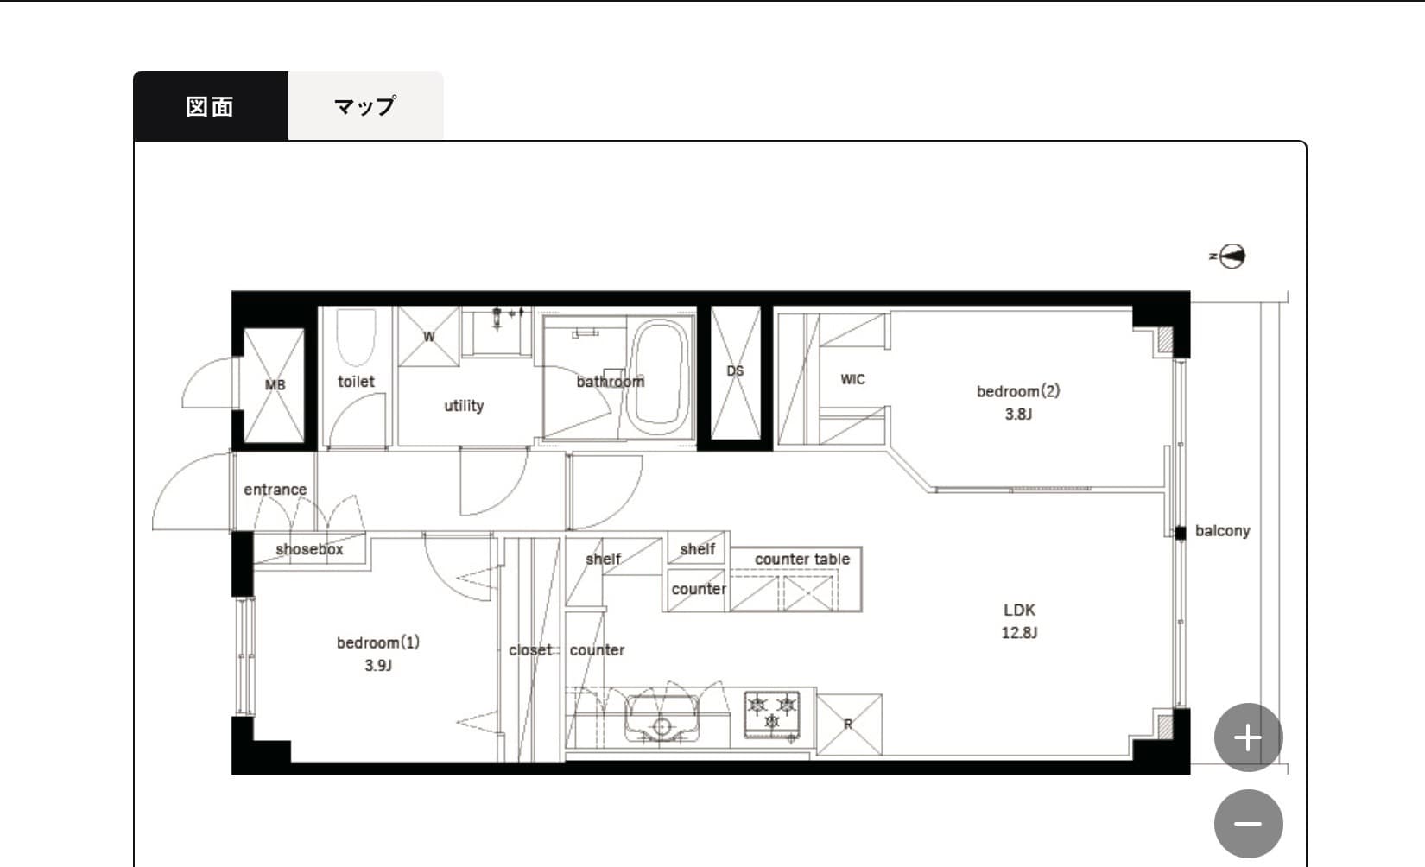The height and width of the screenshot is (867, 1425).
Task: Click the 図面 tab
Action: pyautogui.click(x=211, y=105)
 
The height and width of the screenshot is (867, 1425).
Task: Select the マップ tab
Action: pyautogui.click(x=366, y=105)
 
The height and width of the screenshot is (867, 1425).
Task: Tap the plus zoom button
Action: pyautogui.click(x=1248, y=737)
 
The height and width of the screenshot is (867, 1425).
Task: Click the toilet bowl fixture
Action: pyautogui.click(x=356, y=337)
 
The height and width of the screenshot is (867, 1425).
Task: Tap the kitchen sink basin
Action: pyautogui.click(x=662, y=718)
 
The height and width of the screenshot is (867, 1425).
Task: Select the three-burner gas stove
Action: pyautogui.click(x=772, y=715)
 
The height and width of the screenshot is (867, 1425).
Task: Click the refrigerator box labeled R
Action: pyautogui.click(x=849, y=725)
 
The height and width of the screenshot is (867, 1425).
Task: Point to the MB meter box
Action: pyautogui.click(x=274, y=385)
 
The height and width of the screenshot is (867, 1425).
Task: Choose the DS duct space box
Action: pyautogui.click(x=736, y=372)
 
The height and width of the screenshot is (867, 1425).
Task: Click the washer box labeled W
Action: pyautogui.click(x=428, y=337)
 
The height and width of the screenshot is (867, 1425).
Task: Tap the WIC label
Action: pyautogui.click(x=852, y=380)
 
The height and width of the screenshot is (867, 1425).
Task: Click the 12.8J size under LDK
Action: pyautogui.click(x=1019, y=633)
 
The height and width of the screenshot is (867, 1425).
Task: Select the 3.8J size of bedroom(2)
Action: pyautogui.click(x=1018, y=415)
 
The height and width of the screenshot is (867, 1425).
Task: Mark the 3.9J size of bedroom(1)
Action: pyautogui.click(x=378, y=665)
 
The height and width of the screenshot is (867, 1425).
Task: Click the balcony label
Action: pyautogui.click(x=1223, y=530)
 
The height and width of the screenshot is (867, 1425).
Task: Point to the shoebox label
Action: pyautogui.click(x=309, y=549)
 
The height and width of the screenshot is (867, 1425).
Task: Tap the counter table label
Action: pyautogui.click(x=802, y=559)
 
